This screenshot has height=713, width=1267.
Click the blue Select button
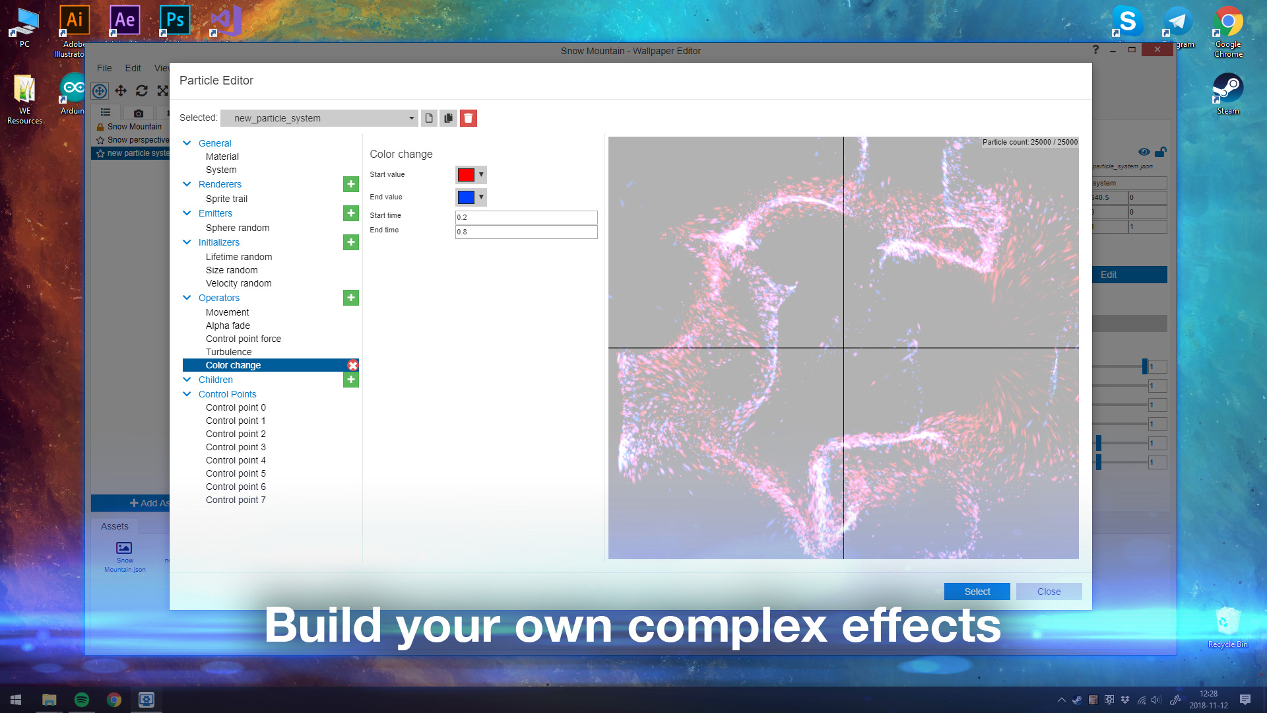coord(977,592)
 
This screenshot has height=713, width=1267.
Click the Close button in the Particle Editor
coord(1049,592)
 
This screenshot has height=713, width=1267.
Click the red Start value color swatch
coord(466,175)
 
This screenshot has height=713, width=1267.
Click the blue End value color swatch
coord(466,197)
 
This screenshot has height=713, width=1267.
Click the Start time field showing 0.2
coord(526,217)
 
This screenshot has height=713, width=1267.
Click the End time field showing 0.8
coord(526,232)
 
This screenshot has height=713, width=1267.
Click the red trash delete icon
coord(469,118)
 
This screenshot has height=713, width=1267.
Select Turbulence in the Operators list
coord(228,352)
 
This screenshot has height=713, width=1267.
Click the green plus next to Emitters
coord(351,213)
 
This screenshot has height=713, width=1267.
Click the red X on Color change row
coord(353,365)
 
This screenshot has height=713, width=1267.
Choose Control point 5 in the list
coord(236,473)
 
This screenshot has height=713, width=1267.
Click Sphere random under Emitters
coord(238,228)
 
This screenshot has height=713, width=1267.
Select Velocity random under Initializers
coord(238,283)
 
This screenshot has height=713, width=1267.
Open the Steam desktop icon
coord(1227,89)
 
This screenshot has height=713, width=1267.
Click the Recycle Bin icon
coord(1227,624)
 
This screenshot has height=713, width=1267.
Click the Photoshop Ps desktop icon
coord(175,20)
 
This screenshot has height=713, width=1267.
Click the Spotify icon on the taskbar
coord(82,700)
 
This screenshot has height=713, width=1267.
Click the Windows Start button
coord(16,700)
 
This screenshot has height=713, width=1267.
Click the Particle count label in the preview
coord(1029,142)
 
